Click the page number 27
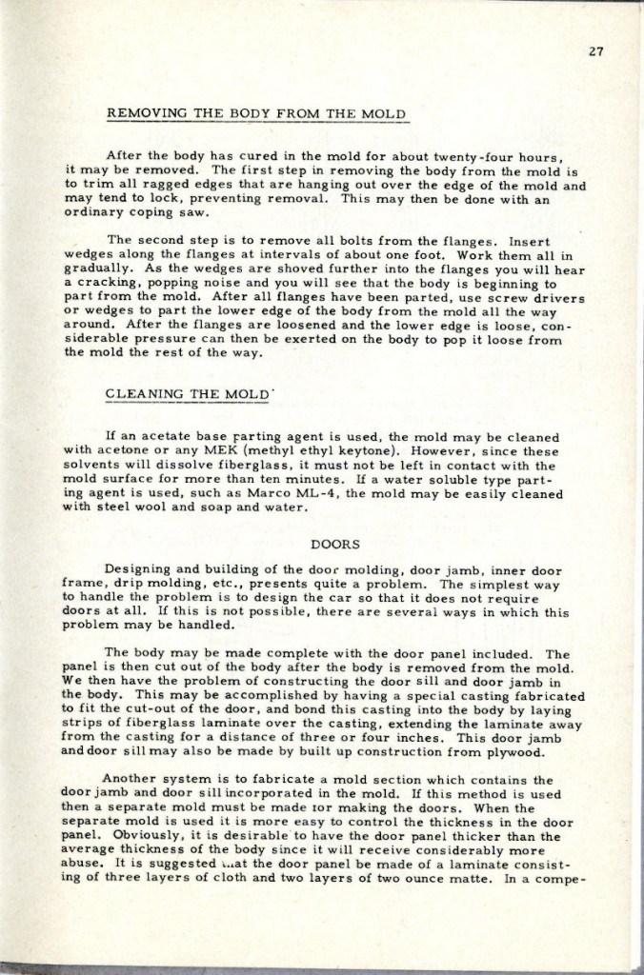(597, 52)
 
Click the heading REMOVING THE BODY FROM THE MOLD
(257, 114)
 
